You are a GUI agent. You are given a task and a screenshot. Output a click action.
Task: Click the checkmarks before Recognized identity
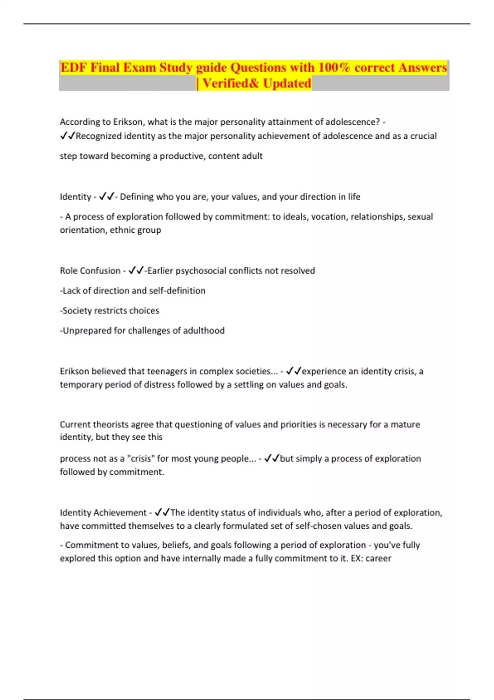pos(68,136)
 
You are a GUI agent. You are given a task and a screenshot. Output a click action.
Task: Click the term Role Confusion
pos(90,271)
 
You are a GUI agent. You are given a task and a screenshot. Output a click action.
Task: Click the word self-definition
pos(177,291)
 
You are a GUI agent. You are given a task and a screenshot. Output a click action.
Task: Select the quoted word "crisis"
pos(142,459)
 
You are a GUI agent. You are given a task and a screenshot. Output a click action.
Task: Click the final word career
pos(378,558)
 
